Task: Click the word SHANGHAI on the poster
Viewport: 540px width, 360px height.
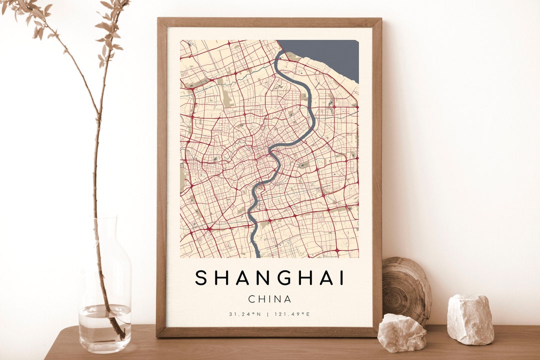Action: (270, 278)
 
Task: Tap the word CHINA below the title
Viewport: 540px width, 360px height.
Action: (270, 299)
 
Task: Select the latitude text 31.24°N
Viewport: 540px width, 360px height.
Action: (245, 314)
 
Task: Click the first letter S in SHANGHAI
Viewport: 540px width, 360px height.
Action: (201, 278)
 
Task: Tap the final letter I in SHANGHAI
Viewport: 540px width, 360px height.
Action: (341, 278)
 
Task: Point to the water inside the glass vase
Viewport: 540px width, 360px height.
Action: (104, 327)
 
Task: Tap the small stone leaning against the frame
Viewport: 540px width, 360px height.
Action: (402, 332)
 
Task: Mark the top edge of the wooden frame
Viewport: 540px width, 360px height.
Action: (269, 22)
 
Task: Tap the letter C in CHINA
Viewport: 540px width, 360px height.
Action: (252, 299)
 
